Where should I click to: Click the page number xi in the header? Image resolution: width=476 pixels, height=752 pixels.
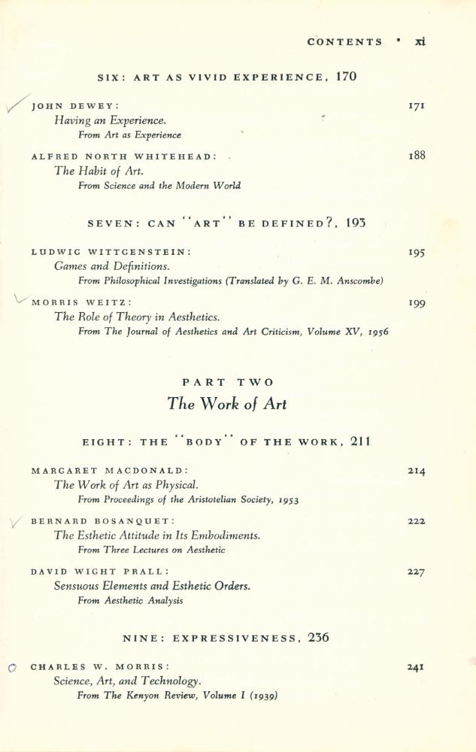pos(420,41)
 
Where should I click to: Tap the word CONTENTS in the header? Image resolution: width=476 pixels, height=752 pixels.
pos(344,42)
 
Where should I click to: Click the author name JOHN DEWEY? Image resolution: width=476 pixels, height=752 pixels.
pos(74,107)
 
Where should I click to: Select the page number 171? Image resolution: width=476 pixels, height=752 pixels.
pos(416,106)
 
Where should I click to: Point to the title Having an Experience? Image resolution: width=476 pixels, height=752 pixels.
pos(110,120)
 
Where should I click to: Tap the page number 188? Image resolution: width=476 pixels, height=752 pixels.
pos(417,156)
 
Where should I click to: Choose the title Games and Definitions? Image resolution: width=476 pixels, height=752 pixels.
pos(111,266)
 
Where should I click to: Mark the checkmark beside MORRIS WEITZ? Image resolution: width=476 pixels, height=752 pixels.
pos(20,299)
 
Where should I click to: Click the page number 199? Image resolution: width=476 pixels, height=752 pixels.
pos(417,302)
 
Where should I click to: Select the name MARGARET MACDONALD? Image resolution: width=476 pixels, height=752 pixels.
pos(110,471)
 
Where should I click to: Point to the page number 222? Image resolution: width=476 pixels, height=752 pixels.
pos(416,520)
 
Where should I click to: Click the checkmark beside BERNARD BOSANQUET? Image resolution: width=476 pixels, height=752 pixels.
pos(17,523)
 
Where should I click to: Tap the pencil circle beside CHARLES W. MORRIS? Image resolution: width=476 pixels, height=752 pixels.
pos(11,667)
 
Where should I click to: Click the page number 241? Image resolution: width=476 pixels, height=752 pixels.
pos(416,666)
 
